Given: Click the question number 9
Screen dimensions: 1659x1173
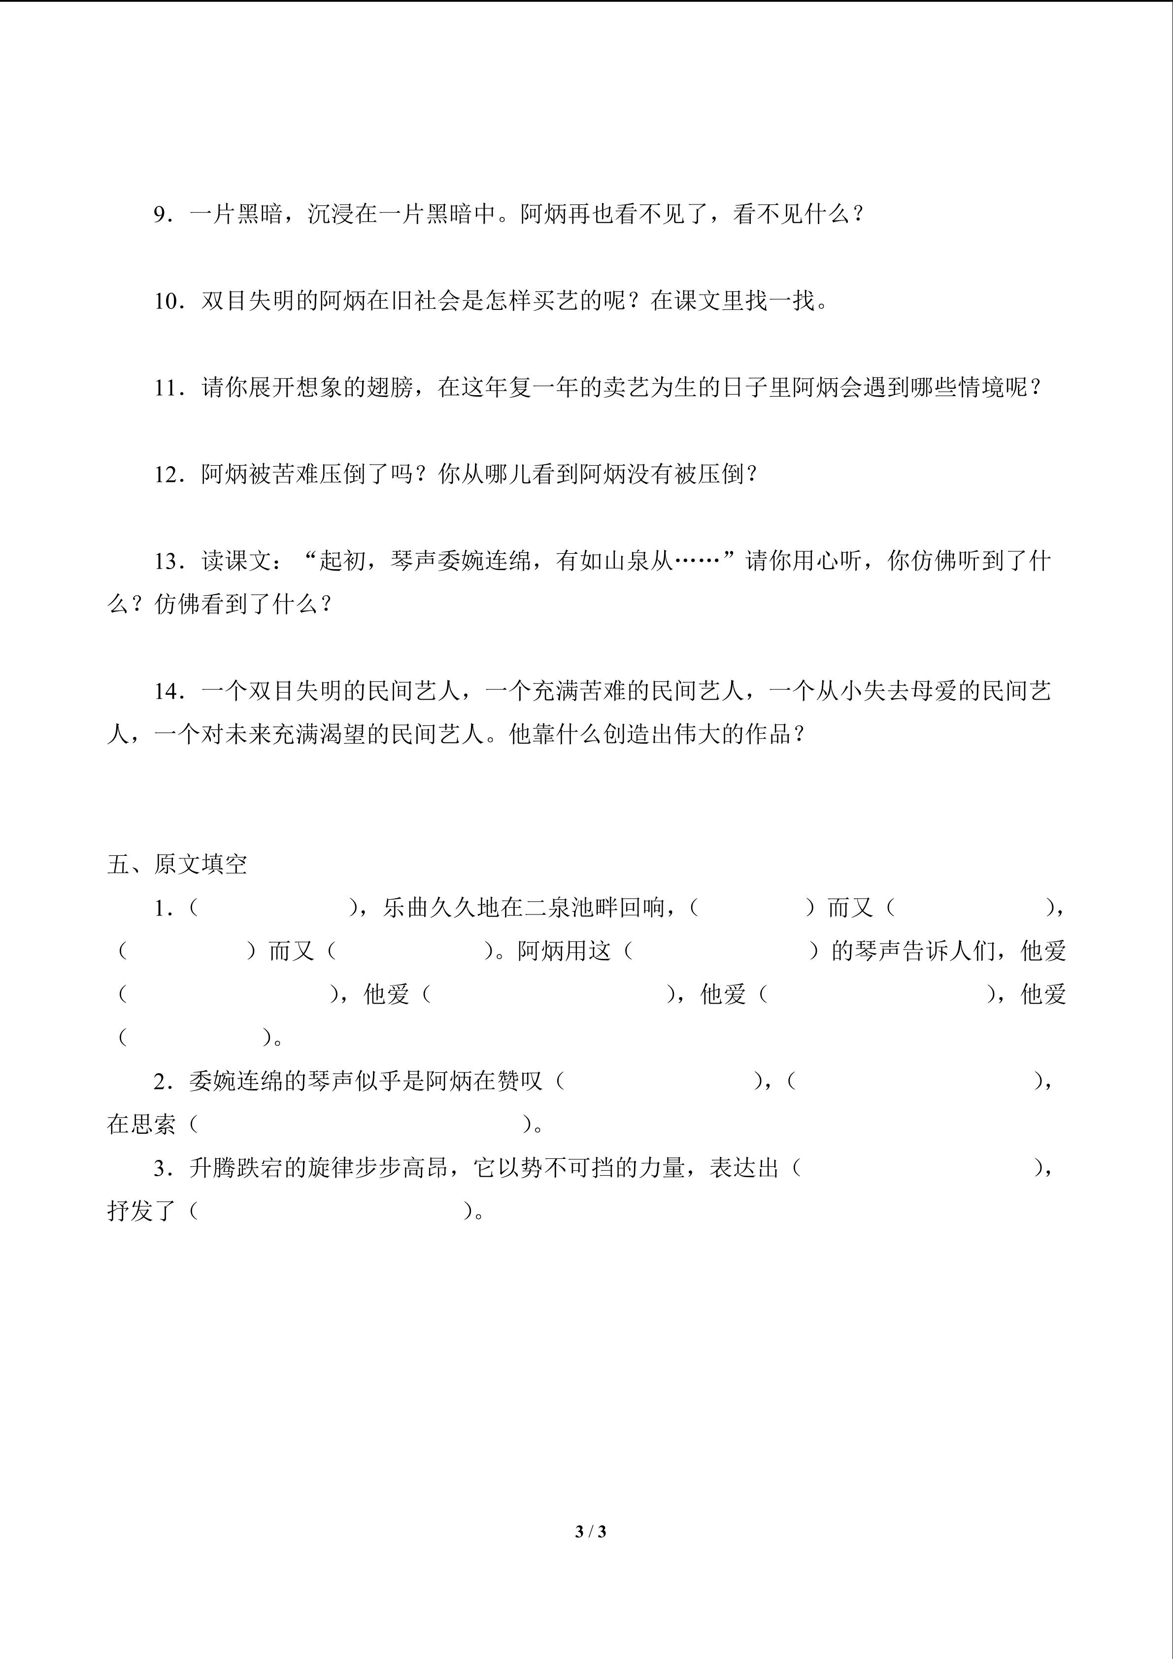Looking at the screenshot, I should pyautogui.click(x=160, y=215).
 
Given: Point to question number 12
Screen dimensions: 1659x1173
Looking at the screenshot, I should pyautogui.click(x=166, y=474).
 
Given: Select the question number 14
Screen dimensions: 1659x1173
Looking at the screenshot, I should pyautogui.click(x=166, y=691).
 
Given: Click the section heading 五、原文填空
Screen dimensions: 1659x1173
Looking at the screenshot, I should pyautogui.click(x=177, y=864).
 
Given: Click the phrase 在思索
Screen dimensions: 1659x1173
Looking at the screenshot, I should pyautogui.click(x=141, y=1124).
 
